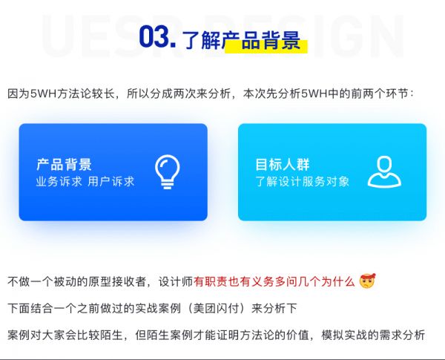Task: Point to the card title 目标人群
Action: point(283,164)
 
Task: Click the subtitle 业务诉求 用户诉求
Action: point(85,181)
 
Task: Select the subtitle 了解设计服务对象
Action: point(302,181)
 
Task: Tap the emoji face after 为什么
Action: point(367,281)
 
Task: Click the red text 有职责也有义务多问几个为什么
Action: point(274,282)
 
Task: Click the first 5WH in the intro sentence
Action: point(39,94)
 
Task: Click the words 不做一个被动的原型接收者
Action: point(82,282)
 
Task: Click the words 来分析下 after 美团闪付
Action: point(279,307)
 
